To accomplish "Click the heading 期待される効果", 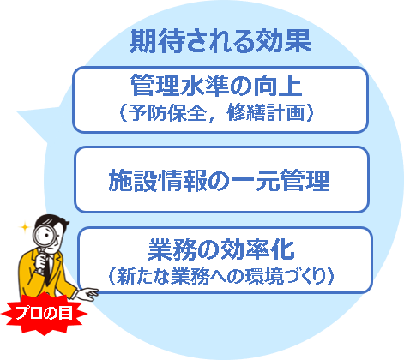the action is [220, 42].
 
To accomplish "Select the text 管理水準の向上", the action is [216, 85].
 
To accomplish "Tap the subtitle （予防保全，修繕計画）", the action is [216, 112].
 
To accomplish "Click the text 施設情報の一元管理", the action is [219, 181].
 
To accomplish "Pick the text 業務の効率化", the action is [221, 249].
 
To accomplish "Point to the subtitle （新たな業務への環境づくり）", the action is [221, 276].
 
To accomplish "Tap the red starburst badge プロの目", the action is [44, 313].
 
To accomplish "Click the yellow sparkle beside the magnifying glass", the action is [25, 228].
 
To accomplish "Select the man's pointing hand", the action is [87, 294].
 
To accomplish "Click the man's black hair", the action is [53, 220].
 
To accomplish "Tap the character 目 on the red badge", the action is [65, 313].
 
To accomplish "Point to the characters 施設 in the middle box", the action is [132, 181].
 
